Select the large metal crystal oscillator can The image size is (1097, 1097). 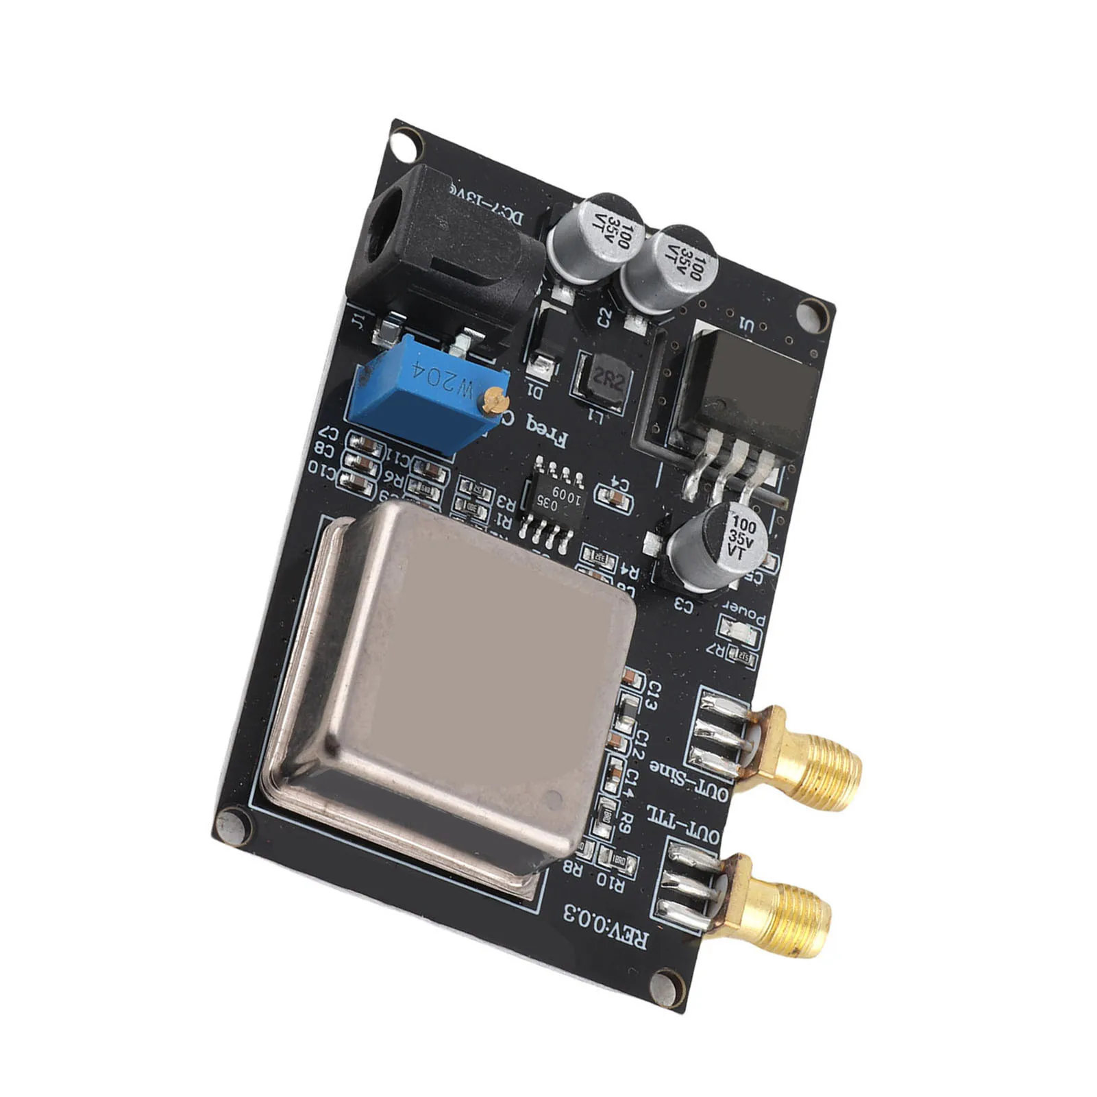[445, 692]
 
